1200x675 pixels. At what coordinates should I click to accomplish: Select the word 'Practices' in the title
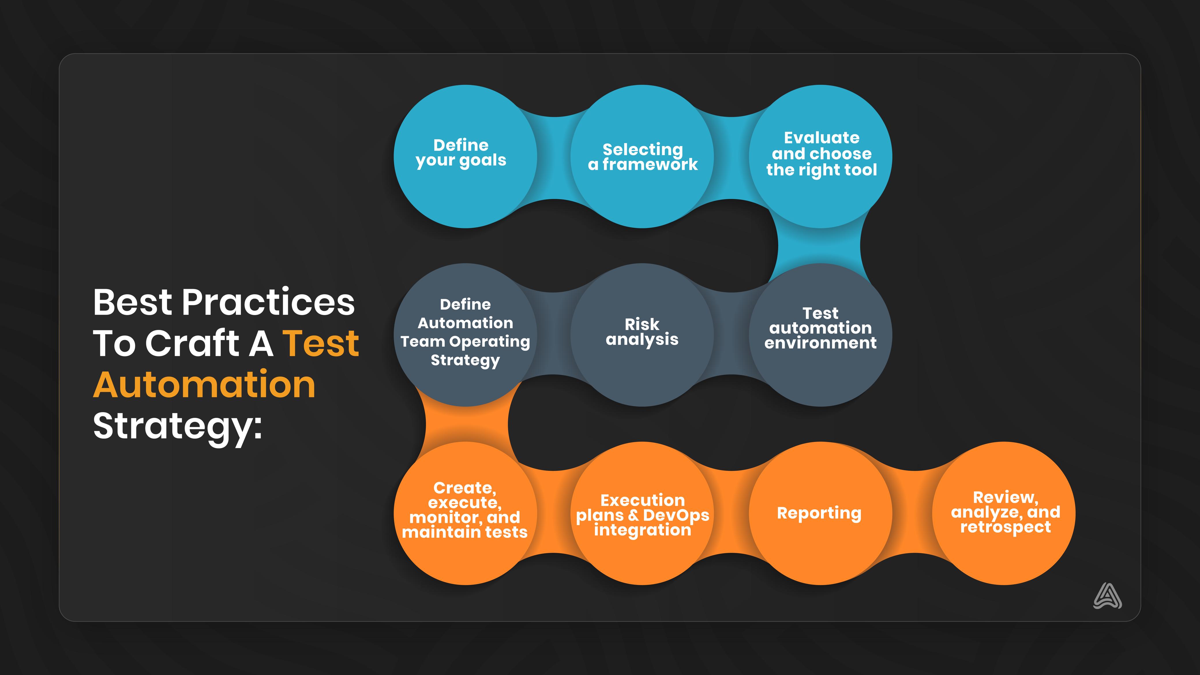click(x=268, y=302)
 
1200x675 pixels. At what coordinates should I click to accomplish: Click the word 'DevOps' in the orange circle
click(x=676, y=515)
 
